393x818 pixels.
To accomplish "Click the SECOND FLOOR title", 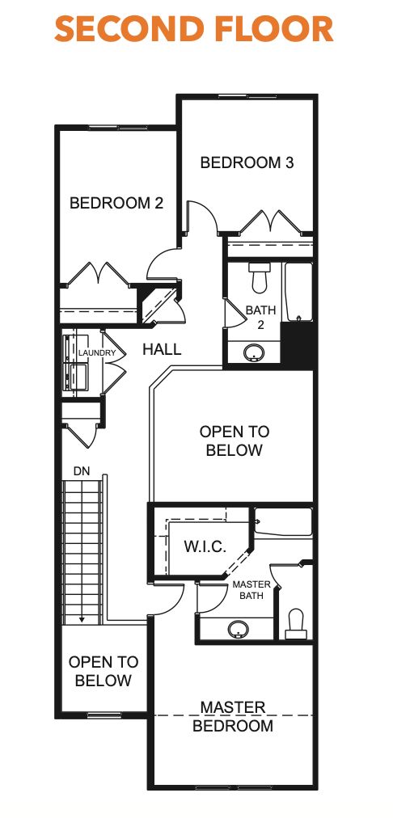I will (x=194, y=29).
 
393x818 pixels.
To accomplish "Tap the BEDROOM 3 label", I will (x=247, y=162).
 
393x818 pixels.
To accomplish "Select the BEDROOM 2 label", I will (x=116, y=203).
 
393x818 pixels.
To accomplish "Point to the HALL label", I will (x=162, y=350).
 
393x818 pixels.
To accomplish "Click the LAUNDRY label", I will (x=98, y=353).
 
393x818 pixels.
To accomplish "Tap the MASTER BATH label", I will (x=251, y=589).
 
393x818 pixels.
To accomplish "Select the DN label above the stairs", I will (x=81, y=470).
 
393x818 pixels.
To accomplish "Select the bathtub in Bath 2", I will (x=298, y=293).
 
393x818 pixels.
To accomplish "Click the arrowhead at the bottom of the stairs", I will (x=82, y=618).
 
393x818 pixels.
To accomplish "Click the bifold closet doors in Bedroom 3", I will (x=269, y=221).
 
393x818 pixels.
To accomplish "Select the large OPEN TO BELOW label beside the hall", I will (x=235, y=441).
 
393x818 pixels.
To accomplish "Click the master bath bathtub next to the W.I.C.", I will (x=283, y=523).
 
